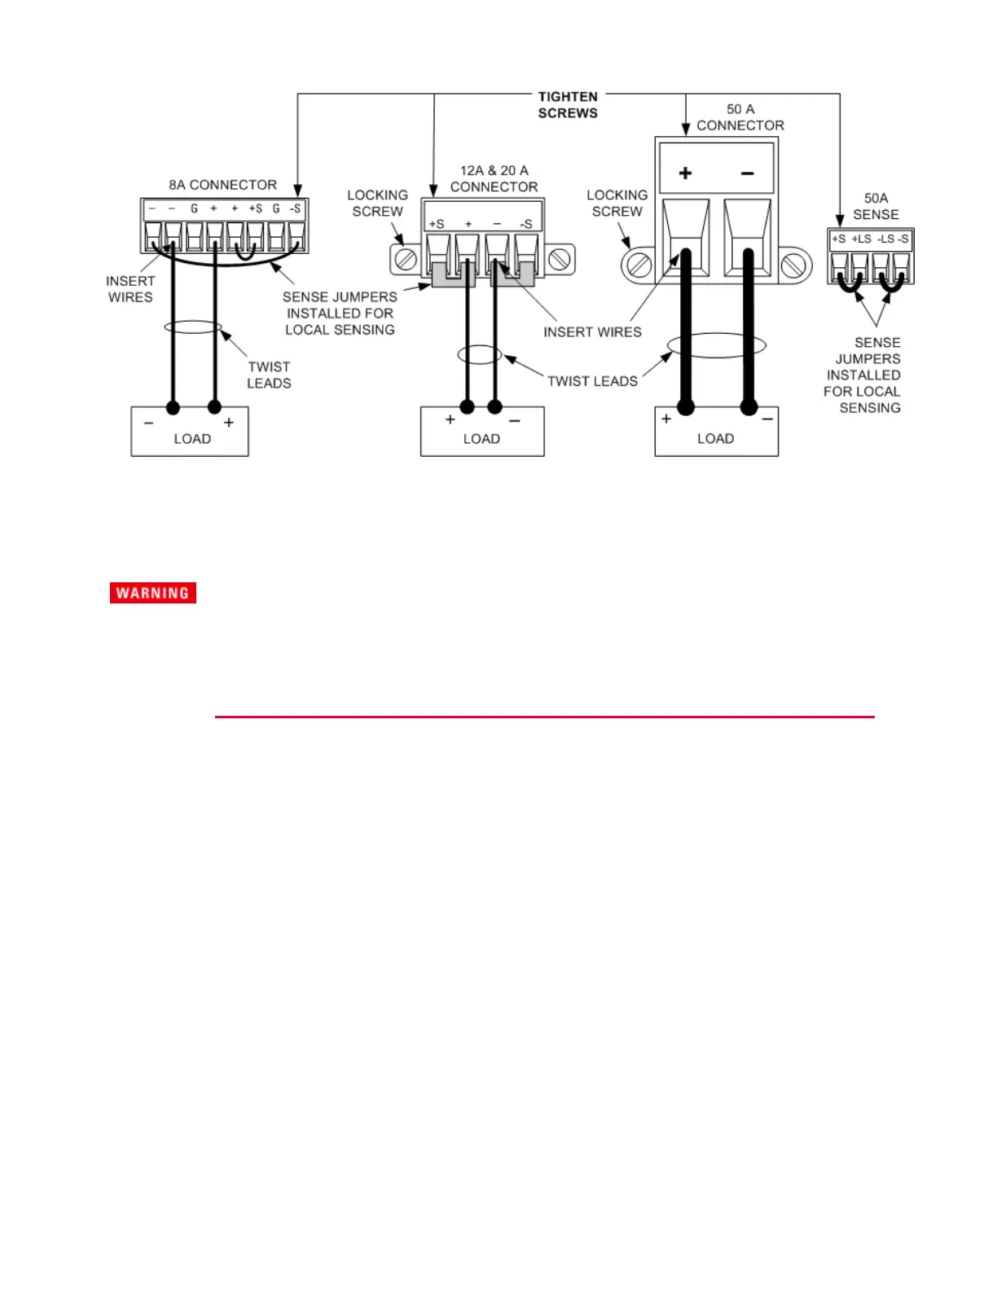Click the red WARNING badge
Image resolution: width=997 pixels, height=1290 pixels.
(x=153, y=593)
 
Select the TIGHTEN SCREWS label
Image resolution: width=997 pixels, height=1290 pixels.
(x=568, y=105)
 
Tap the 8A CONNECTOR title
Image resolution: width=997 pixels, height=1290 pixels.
(x=222, y=185)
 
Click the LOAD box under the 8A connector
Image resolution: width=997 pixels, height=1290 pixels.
(x=190, y=432)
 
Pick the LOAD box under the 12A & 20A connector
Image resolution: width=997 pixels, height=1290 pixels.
(x=482, y=432)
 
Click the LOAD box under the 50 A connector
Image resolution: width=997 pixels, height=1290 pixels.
(x=716, y=432)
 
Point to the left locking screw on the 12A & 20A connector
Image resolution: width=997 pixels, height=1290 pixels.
(x=406, y=260)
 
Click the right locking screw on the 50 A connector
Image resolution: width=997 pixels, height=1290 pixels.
(x=793, y=265)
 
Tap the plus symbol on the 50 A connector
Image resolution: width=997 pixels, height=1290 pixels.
(x=685, y=173)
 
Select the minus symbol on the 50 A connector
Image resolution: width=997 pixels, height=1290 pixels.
(x=747, y=173)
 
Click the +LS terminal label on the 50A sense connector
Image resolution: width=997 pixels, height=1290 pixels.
(x=861, y=239)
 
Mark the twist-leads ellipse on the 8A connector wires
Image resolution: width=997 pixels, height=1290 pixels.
(x=193, y=327)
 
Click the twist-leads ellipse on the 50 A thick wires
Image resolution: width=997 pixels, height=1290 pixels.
(x=717, y=345)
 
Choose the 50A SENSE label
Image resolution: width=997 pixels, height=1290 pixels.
(x=876, y=206)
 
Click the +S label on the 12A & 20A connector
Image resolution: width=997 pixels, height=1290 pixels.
(x=437, y=224)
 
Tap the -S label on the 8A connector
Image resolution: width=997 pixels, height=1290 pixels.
(x=296, y=209)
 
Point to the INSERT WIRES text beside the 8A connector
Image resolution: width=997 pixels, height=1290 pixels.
(x=130, y=289)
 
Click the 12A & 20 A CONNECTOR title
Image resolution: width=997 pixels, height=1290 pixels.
(x=494, y=178)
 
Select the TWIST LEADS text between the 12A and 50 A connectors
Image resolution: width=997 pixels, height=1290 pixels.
(x=592, y=381)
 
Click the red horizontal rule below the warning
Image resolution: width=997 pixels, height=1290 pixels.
(x=544, y=717)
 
